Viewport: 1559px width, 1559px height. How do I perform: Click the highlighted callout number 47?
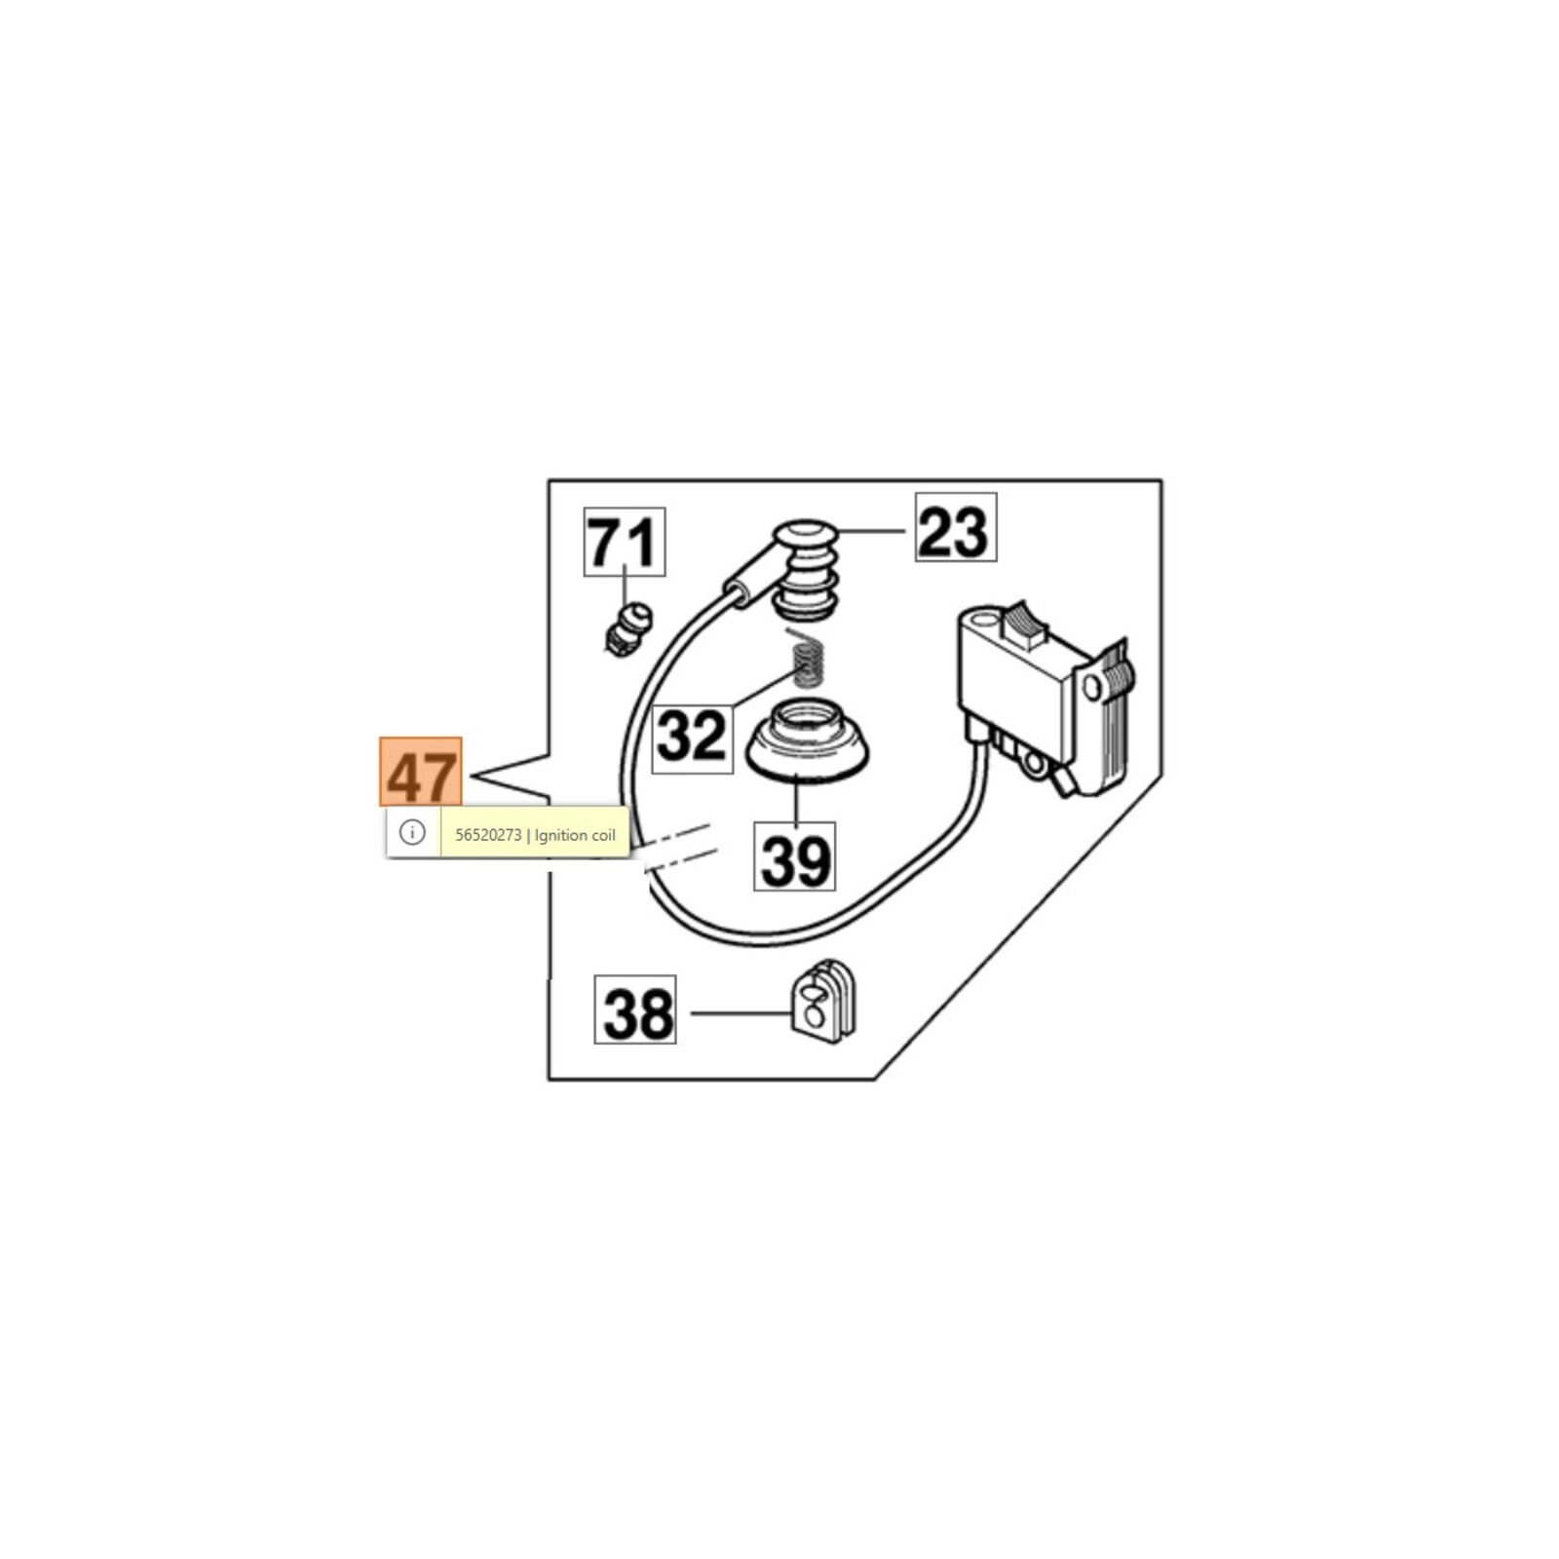(420, 772)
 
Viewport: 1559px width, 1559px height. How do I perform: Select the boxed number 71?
(625, 542)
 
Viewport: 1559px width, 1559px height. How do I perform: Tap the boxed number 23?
(955, 528)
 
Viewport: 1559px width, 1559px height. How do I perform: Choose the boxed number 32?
(692, 736)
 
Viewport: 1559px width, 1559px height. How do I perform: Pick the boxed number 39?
(794, 856)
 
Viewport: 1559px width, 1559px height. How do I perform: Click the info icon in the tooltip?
(412, 833)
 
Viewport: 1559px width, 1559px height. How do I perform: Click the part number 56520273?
(488, 835)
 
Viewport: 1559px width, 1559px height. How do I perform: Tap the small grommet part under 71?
(627, 629)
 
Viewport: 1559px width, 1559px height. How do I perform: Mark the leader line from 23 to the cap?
(872, 531)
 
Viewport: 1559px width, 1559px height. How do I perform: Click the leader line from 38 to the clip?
(741, 1012)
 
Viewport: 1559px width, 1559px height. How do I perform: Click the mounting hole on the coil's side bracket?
(1091, 688)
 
